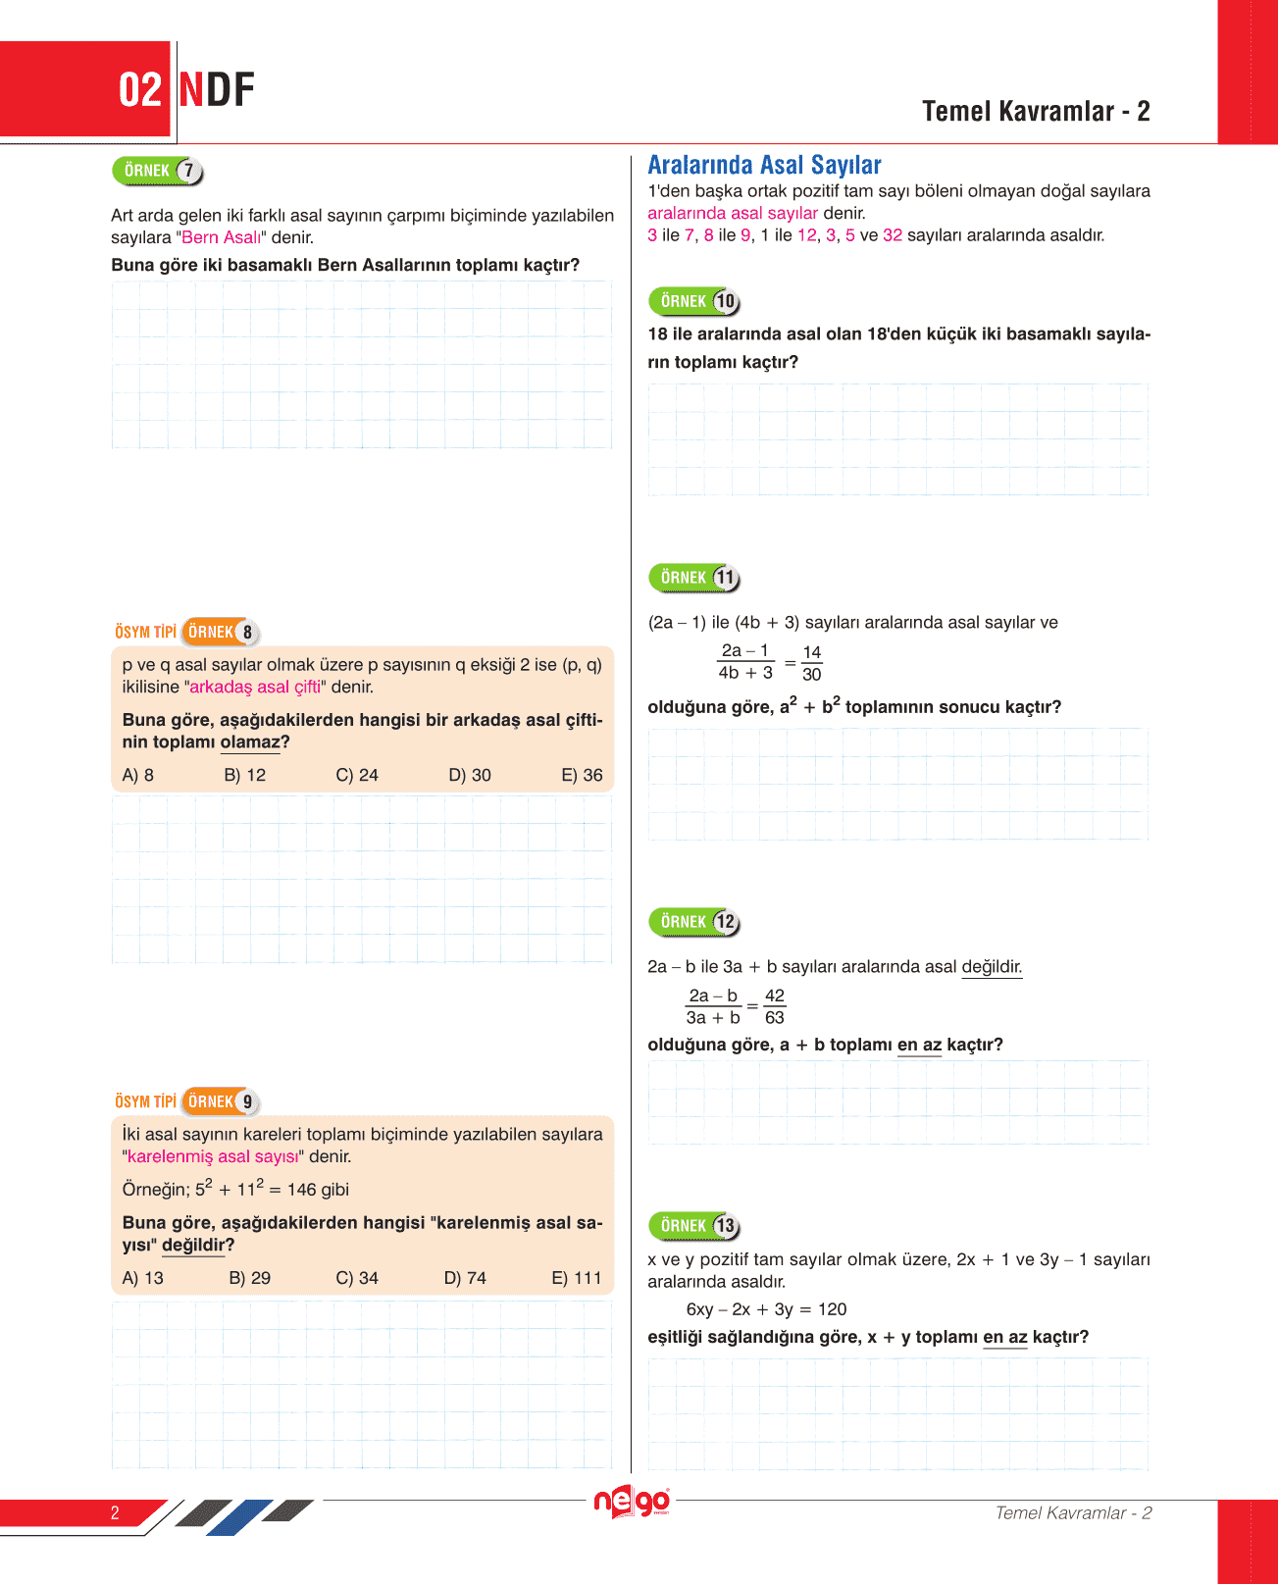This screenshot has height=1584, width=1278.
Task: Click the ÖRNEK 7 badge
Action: (x=157, y=172)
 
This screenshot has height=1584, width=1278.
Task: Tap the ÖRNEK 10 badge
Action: (x=693, y=302)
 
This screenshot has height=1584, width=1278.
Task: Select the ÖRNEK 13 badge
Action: (x=693, y=1226)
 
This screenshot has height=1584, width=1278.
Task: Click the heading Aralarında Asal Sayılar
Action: (x=764, y=165)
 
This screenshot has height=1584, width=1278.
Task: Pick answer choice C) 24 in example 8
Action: (x=356, y=775)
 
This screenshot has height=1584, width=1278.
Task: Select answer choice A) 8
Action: (x=137, y=775)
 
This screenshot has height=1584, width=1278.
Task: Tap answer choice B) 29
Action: (x=249, y=1278)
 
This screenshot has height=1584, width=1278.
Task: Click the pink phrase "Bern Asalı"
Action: (x=222, y=237)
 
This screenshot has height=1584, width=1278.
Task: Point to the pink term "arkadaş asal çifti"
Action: (x=255, y=687)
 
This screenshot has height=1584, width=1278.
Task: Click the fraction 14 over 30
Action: (x=811, y=663)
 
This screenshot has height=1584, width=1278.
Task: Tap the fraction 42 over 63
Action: (x=774, y=1006)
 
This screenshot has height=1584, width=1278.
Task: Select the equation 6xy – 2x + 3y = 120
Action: (x=766, y=1309)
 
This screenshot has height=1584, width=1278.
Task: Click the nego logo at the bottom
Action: (x=632, y=1502)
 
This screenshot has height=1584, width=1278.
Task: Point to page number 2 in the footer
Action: (x=115, y=1512)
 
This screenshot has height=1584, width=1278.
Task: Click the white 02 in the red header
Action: (x=139, y=90)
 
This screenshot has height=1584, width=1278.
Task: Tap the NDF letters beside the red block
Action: (x=217, y=90)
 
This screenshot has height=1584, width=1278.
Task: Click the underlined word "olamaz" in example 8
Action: (x=250, y=742)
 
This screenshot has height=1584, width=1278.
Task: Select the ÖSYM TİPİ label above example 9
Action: (x=145, y=1101)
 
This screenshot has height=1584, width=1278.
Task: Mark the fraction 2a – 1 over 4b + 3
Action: (x=745, y=662)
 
